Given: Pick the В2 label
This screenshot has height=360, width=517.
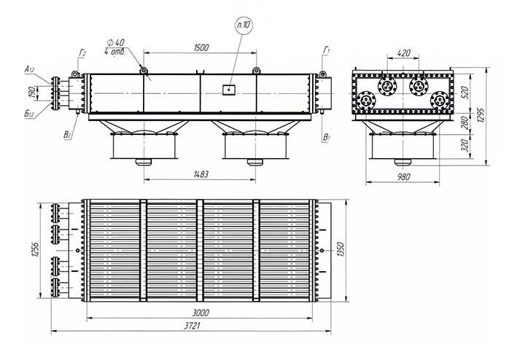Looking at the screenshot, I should [67, 135].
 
